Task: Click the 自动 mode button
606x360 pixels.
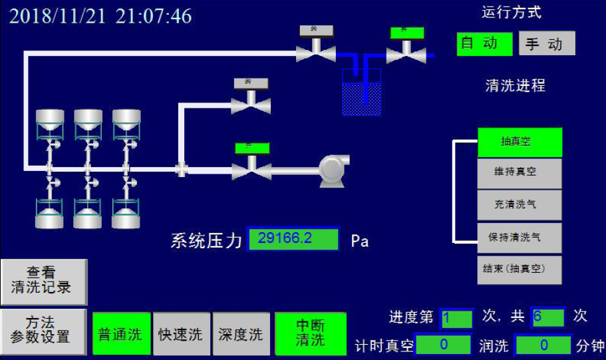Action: tap(484, 44)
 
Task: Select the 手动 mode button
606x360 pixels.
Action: tap(546, 44)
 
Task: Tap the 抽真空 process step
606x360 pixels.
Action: tap(520, 142)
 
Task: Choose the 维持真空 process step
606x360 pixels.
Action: tap(520, 172)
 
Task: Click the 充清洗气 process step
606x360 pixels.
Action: tap(520, 205)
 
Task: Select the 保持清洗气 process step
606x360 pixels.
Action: tap(520, 238)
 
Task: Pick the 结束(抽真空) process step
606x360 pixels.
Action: tap(520, 270)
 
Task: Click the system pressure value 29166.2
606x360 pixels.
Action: tap(293, 239)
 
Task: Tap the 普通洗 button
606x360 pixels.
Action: tap(121, 333)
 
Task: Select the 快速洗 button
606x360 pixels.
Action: tap(181, 333)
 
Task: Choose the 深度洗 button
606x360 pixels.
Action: tap(241, 333)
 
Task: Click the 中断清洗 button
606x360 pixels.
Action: tap(311, 333)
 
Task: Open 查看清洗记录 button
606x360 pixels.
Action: tap(44, 281)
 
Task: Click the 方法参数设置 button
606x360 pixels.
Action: tap(44, 331)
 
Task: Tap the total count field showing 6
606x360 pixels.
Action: tap(547, 317)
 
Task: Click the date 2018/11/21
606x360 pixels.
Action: tap(58, 16)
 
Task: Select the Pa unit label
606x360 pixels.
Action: tap(360, 241)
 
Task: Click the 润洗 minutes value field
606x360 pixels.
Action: tap(543, 345)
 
